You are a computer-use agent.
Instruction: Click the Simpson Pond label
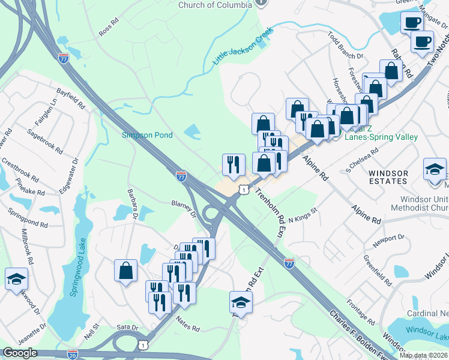pyautogui.click(x=148, y=135)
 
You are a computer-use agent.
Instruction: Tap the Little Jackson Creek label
pyautogui.click(x=243, y=46)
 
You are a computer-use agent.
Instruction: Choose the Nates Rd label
pyautogui.click(x=187, y=325)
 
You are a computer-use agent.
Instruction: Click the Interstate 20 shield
pyautogui.click(x=73, y=355)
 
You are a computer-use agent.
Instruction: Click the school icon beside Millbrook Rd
pyautogui.click(x=16, y=278)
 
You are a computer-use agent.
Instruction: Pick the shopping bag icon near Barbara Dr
pyautogui.click(x=127, y=270)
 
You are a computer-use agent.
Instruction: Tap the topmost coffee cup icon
pyautogui.click(x=412, y=22)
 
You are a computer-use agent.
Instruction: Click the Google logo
pyautogui.click(x=20, y=353)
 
